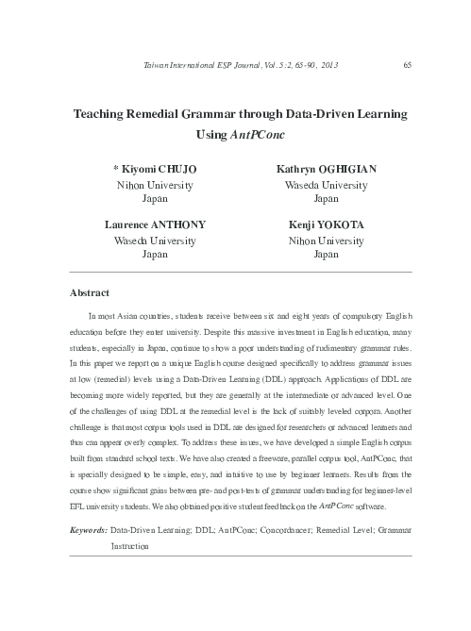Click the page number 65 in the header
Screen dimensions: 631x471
point(406,65)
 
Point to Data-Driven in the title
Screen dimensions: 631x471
point(304,113)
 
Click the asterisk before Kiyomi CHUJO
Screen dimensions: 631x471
point(116,169)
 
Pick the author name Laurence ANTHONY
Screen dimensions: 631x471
point(154,226)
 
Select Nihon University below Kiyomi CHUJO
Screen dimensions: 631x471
point(155,186)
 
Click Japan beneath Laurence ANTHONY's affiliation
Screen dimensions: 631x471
point(155,255)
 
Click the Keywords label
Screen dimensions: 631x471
point(89,532)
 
